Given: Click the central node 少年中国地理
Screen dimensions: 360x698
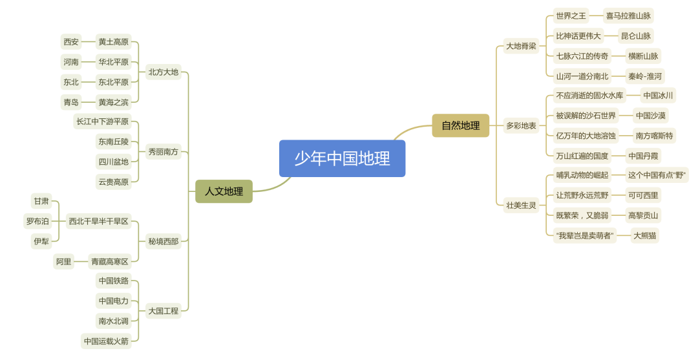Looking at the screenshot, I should pos(342,158).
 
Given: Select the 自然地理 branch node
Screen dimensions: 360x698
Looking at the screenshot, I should pos(460,125).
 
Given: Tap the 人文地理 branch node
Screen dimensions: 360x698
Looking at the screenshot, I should pos(224,191).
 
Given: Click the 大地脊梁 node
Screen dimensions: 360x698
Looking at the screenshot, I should pos(521,46).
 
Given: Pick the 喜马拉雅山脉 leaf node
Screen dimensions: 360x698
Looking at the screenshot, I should pos(628,16).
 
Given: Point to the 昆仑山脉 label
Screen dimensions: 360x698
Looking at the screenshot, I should pos(636,36).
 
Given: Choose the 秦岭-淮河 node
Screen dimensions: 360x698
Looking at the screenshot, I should pos(645,76).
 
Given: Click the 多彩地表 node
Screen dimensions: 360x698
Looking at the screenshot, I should pos(521,125).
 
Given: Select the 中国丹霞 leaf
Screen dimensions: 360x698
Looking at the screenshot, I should pos(644,156).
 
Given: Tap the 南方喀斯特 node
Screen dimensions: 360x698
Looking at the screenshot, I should pos(654,136).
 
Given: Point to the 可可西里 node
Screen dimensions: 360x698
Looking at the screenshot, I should pos(643,195).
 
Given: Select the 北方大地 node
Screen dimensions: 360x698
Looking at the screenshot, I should pos(163,72).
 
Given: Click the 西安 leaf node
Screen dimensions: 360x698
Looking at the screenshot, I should pos(71,42).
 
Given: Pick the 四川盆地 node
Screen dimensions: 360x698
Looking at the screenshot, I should pos(113,162).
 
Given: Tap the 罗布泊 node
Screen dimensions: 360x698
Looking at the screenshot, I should pos(37,222).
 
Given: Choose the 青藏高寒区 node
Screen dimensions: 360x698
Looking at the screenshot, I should pos(110,262).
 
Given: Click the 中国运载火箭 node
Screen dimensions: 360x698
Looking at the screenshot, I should pos(106,341).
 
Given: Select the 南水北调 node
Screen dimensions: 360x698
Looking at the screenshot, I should pos(113,321).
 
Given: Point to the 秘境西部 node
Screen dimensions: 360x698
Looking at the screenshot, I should pos(163,242).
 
